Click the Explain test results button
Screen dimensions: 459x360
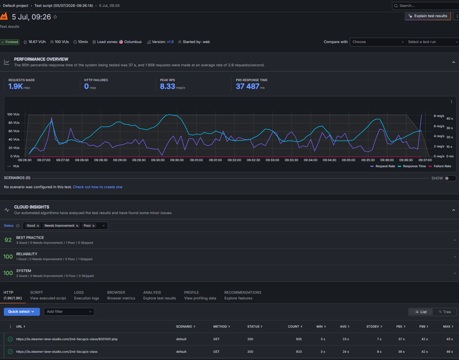pos(428,16)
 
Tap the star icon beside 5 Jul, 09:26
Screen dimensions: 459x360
pos(55,17)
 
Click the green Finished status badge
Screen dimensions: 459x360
pos(10,42)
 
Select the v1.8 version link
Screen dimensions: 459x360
pos(170,42)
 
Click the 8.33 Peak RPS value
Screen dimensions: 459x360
pos(167,86)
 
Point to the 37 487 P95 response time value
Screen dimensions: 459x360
pos(247,86)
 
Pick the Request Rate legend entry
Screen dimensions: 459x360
pos(383,166)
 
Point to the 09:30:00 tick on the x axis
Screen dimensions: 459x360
pos(158,160)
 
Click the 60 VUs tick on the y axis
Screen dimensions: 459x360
pos(14,131)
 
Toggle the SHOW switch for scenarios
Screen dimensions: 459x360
pos(450,178)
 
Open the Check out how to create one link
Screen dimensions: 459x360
pos(97,187)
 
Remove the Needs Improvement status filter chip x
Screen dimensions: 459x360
pos(77,226)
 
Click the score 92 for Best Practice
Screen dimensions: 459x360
pos(8,240)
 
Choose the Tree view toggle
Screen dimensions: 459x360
pos(445,312)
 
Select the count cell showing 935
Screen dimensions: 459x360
pos(299,339)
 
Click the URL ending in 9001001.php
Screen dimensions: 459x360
pos(67,339)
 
